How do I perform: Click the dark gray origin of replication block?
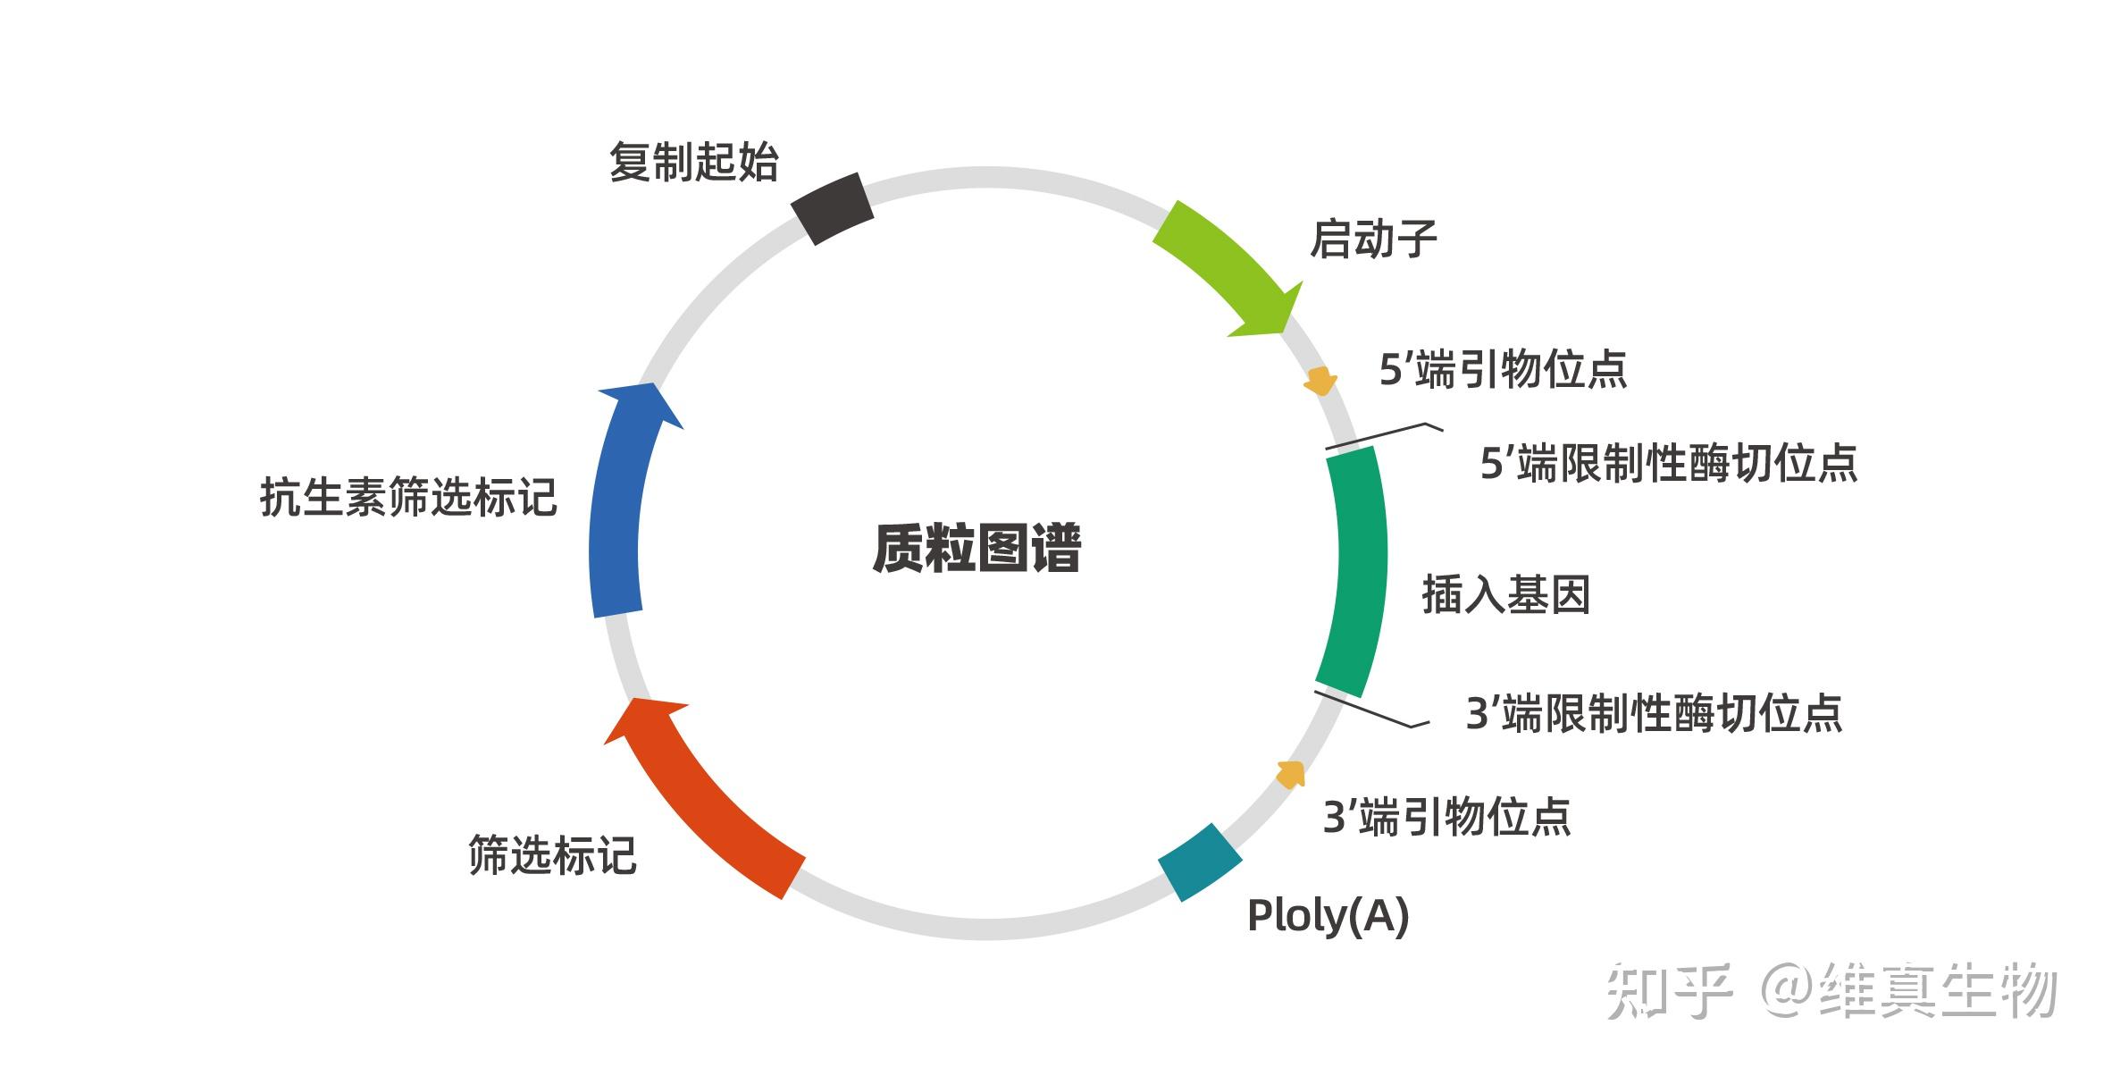click(832, 208)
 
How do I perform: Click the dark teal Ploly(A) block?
click(1200, 862)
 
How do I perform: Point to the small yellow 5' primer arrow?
click(1320, 382)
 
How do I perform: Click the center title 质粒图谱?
click(976, 547)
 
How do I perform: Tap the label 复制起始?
click(693, 163)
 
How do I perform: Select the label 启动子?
click(1373, 240)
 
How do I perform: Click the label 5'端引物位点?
click(1504, 369)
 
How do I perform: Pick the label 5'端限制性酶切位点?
click(1669, 463)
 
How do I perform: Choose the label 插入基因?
click(1506, 594)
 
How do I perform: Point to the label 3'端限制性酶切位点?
click(1655, 713)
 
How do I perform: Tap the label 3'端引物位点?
click(1446, 817)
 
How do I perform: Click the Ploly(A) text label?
click(1328, 916)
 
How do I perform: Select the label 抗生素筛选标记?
click(408, 497)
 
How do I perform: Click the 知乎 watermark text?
click(1669, 991)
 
